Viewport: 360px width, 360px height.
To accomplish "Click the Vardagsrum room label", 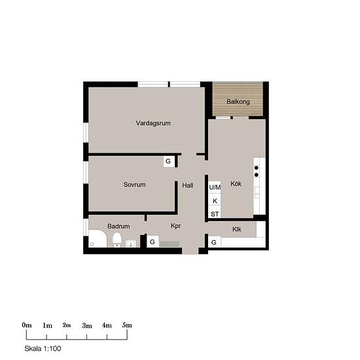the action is [x=153, y=123].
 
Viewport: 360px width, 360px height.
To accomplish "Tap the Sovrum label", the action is [x=135, y=185].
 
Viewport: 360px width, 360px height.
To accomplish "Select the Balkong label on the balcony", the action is [x=238, y=101].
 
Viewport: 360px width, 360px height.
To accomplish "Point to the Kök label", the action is [x=236, y=184].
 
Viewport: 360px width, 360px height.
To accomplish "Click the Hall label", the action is [x=188, y=185].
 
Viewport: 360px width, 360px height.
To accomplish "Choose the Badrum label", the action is [x=118, y=226].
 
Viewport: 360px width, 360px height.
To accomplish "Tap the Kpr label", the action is [x=176, y=226].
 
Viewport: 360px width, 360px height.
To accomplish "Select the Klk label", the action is [x=237, y=229].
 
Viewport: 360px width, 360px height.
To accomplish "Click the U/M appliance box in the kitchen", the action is [x=215, y=187].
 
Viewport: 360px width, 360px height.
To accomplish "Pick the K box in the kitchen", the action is [x=215, y=200].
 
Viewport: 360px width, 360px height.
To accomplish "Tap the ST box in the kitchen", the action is [x=215, y=214].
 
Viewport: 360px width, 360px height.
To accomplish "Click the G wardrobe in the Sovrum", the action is [x=169, y=162].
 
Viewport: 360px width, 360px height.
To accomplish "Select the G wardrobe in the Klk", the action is [x=215, y=242].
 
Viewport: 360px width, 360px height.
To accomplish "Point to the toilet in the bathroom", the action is [x=117, y=240].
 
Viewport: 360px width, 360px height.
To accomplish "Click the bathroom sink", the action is [x=131, y=243].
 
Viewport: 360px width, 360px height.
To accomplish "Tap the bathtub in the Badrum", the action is [x=98, y=238].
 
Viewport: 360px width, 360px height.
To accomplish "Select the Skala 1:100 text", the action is [x=43, y=348].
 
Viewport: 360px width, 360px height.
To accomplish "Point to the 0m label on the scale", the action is [x=27, y=325].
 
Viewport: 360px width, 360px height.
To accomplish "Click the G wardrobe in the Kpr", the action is [x=153, y=242].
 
